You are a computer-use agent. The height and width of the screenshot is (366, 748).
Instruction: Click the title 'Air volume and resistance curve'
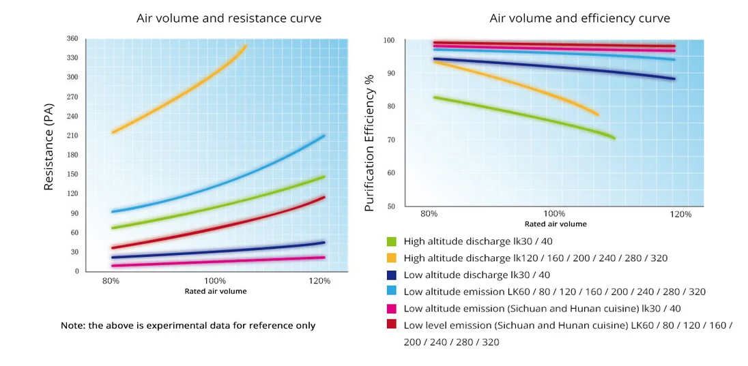pyautogui.click(x=229, y=18)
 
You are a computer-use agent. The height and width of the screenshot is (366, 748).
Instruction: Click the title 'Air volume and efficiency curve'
pyautogui.click(x=579, y=18)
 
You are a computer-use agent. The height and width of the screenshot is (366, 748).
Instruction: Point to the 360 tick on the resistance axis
pyautogui.click(x=72, y=38)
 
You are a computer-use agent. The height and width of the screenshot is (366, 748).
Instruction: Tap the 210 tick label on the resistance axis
pyautogui.click(x=72, y=136)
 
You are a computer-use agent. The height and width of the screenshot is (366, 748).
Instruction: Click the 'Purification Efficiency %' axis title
pyautogui.click(x=370, y=143)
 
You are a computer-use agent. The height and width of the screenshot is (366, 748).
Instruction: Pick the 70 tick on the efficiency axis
pyautogui.click(x=392, y=140)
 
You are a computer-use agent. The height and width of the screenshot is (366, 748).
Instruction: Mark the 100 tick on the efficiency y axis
pyautogui.click(x=390, y=40)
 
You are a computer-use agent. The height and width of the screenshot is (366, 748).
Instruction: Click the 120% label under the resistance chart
pyautogui.click(x=320, y=281)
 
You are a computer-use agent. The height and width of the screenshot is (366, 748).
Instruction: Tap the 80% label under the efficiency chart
pyautogui.click(x=429, y=214)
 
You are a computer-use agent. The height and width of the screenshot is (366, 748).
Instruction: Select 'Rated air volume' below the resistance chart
pyautogui.click(x=216, y=291)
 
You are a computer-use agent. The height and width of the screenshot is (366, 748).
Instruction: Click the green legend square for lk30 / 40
pyautogui.click(x=392, y=241)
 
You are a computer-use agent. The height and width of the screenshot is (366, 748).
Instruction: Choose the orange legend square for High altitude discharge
pyautogui.click(x=392, y=258)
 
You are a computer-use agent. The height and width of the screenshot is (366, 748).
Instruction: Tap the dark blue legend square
pyautogui.click(x=392, y=275)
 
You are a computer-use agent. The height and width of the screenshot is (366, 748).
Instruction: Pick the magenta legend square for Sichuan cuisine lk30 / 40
pyautogui.click(x=392, y=308)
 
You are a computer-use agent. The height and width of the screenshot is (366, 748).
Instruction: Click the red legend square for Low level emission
pyautogui.click(x=392, y=325)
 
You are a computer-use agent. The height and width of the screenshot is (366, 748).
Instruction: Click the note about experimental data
pyautogui.click(x=188, y=326)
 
